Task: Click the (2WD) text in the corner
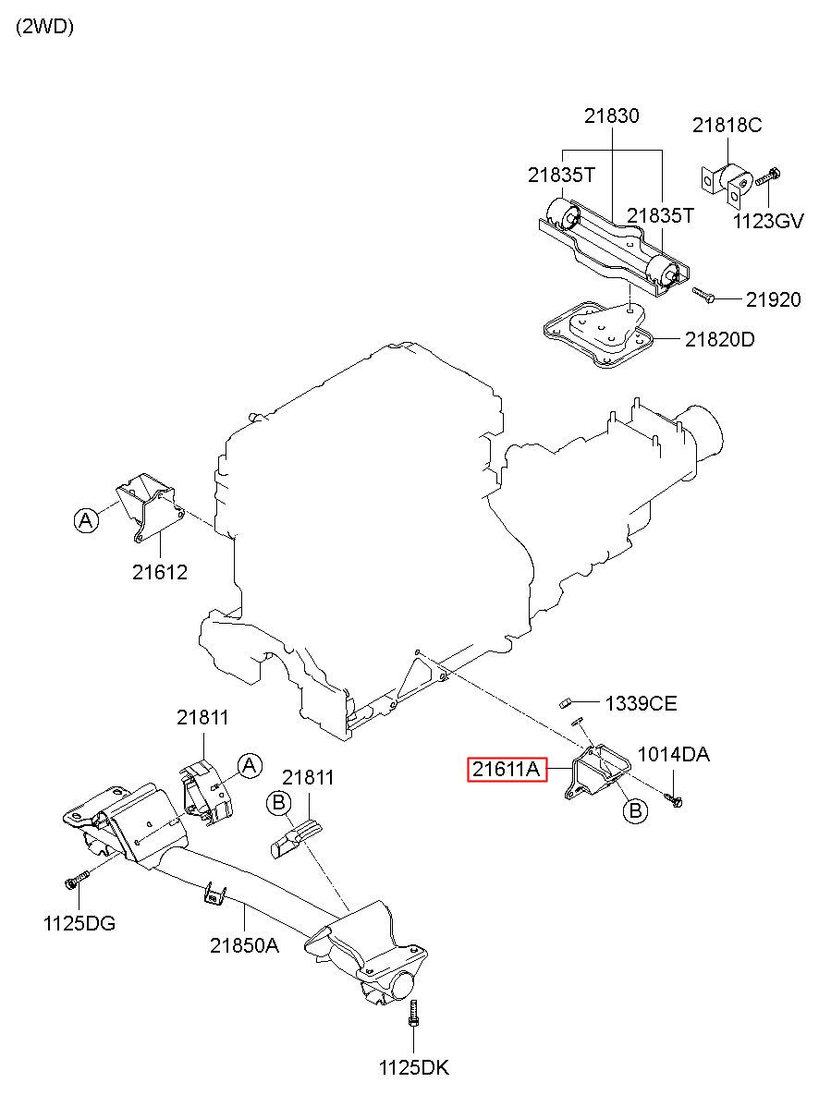pos(45,27)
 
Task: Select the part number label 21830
pos(612,116)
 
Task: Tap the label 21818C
pos(727,125)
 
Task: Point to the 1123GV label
pos(768,221)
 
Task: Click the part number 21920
pos(773,299)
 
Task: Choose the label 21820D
pos(719,340)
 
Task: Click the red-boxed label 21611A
pos(507,770)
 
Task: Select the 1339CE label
pos(642,704)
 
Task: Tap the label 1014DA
pos(674,754)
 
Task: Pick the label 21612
pos(160,573)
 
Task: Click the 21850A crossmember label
pos(244,945)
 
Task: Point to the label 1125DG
pos(79,924)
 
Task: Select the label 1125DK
pos(414,1068)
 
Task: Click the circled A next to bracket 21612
pos(87,520)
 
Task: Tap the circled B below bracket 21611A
pos(636,809)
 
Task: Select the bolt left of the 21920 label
pos(703,295)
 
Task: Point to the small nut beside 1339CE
pos(565,704)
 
